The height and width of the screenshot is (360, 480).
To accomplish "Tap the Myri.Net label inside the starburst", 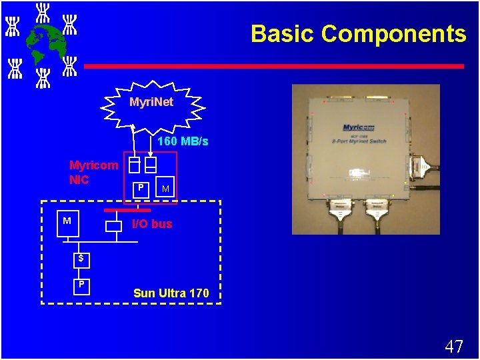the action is click(x=151, y=102).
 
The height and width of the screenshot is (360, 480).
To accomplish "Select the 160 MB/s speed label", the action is click(x=183, y=141).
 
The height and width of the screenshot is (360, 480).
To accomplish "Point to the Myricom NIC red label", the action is click(x=93, y=172).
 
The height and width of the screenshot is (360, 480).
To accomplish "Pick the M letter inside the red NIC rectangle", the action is click(x=165, y=190).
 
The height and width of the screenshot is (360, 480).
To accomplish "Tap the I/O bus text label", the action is click(x=152, y=224).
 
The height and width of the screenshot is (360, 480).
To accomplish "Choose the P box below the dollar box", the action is click(x=81, y=285).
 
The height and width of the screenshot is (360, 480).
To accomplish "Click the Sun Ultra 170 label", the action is click(x=171, y=293).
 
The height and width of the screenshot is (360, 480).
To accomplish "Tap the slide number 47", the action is click(x=453, y=347).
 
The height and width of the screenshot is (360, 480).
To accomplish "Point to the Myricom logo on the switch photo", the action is click(x=359, y=127).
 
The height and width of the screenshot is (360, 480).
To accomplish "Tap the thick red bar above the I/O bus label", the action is click(x=127, y=210).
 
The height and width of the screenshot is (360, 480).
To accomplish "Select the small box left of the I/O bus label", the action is click(x=114, y=225).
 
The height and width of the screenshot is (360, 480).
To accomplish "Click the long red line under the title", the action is click(x=273, y=66).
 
